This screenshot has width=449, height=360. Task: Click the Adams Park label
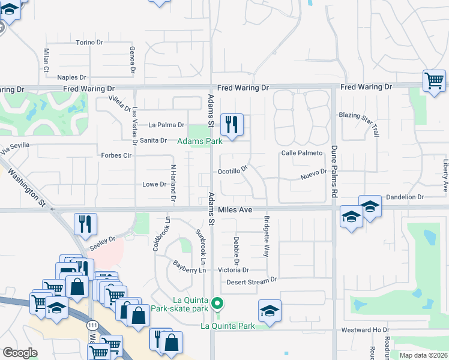coord(200,141)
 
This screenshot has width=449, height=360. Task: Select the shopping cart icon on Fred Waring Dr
coord(434,80)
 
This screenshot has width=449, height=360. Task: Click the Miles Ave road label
coord(235,209)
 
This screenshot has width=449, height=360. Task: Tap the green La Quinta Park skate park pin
coord(218,303)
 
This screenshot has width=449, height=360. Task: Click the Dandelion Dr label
coord(405,197)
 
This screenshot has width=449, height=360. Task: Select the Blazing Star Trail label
coord(368,123)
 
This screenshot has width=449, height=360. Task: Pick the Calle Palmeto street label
coord(302,153)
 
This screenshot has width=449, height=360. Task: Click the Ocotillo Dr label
coord(232,170)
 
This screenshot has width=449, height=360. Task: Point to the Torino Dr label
coord(90,43)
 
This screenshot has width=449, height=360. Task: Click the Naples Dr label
coord(71,77)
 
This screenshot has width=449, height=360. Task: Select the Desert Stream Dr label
coord(252,280)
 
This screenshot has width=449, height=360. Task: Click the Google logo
coord(20,353)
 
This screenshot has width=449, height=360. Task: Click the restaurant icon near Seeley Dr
coord(85,224)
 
